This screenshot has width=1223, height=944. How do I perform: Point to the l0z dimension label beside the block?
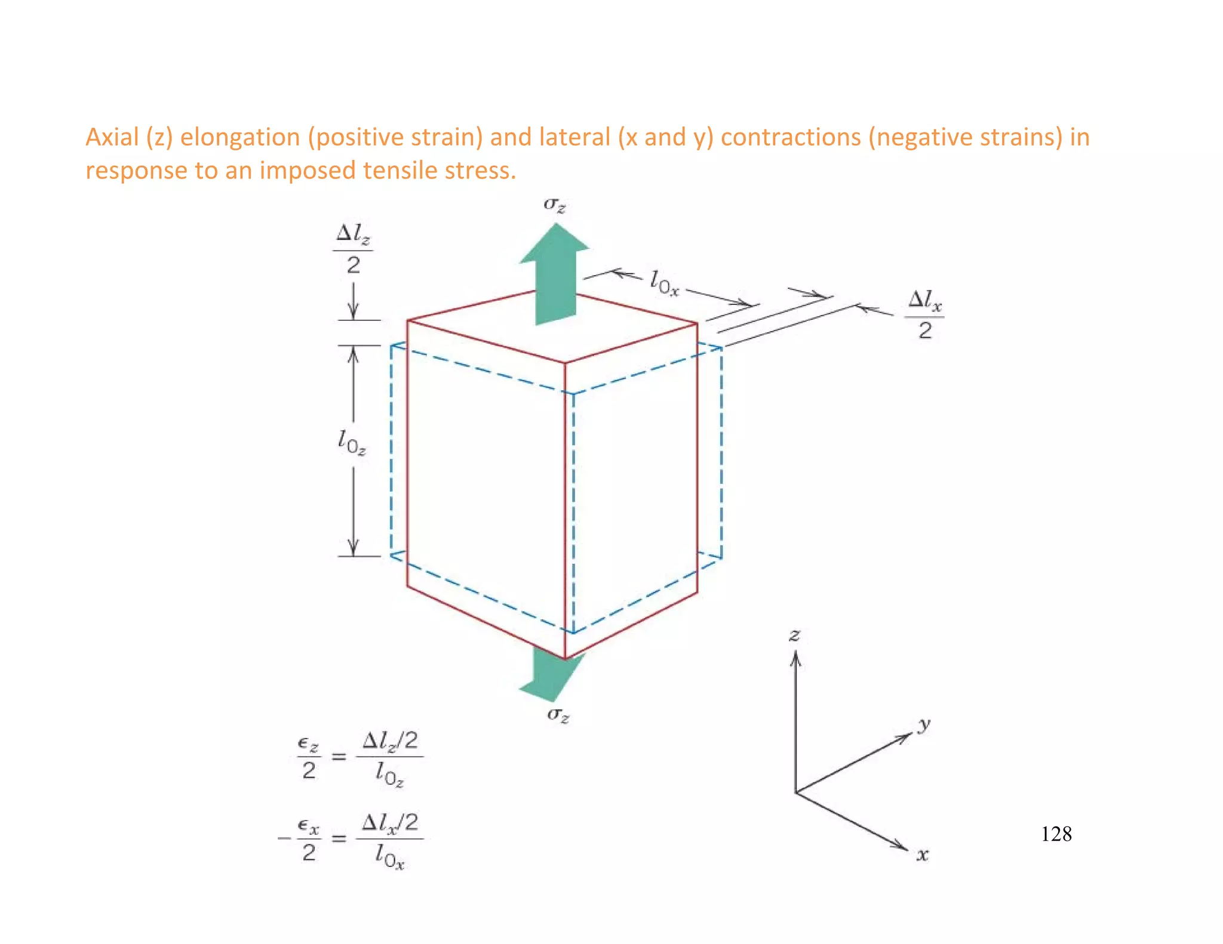pyautogui.click(x=352, y=443)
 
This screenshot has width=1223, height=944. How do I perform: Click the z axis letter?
pyautogui.click(x=794, y=635)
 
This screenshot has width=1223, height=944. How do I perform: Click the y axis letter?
pyautogui.click(x=924, y=724)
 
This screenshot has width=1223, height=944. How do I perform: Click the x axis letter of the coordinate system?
pyautogui.click(x=923, y=854)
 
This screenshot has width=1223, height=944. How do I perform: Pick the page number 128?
pyautogui.click(x=1056, y=834)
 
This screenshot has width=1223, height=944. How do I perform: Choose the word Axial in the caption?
pyautogui.click(x=112, y=137)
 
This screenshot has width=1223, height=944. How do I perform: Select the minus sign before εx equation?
pyautogui.click(x=284, y=838)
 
